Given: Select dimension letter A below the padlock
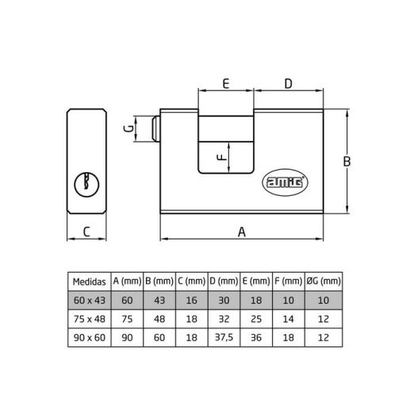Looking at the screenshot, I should [x=243, y=231].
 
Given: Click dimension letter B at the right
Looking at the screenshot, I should [x=347, y=162].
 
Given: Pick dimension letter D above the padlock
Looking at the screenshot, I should [x=288, y=82].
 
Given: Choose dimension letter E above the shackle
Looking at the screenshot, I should [x=226, y=82].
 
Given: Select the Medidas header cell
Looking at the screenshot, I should [x=88, y=282].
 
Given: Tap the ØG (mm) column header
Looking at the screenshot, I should [x=324, y=282].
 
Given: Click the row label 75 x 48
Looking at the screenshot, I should [x=88, y=320].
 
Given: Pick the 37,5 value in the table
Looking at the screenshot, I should [x=224, y=339].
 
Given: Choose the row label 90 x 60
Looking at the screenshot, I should [x=88, y=339].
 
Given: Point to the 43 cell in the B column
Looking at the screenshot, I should [x=159, y=301].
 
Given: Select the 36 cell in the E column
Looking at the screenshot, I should [x=255, y=339].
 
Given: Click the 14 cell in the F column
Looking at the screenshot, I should [x=287, y=320].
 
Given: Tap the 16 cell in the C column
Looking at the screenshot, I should [x=191, y=301].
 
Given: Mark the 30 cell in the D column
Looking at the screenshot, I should [x=224, y=301].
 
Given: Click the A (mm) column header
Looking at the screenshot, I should [x=127, y=282].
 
